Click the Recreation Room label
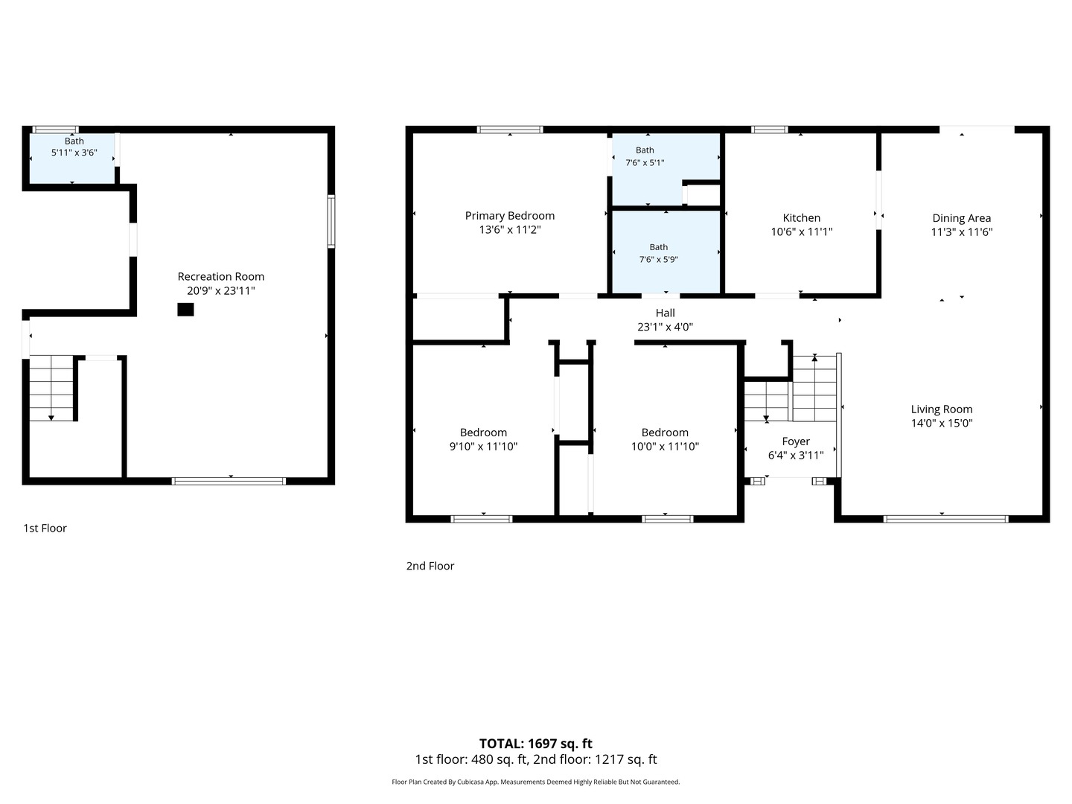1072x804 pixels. (221, 276)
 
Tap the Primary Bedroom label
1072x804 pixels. (509, 216)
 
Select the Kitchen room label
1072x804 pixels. (802, 217)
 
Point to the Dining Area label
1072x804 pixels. (961, 218)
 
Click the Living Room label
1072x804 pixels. (942, 409)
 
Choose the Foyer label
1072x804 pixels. (796, 441)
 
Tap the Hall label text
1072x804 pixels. (666, 313)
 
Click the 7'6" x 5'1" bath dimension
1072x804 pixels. (645, 162)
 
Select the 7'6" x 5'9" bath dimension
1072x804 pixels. (658, 259)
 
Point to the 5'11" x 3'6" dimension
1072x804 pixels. (74, 153)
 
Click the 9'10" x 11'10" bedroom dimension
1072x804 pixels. (483, 446)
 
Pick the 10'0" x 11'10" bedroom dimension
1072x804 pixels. (665, 446)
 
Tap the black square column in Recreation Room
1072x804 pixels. (185, 310)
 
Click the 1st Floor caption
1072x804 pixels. (45, 529)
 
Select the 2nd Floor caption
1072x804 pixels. (430, 566)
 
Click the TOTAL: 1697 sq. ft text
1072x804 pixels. (535, 744)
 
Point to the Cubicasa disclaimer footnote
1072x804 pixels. (535, 782)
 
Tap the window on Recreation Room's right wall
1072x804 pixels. (331, 221)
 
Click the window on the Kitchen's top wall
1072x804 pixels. (769, 130)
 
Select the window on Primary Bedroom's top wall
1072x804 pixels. (510, 130)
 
